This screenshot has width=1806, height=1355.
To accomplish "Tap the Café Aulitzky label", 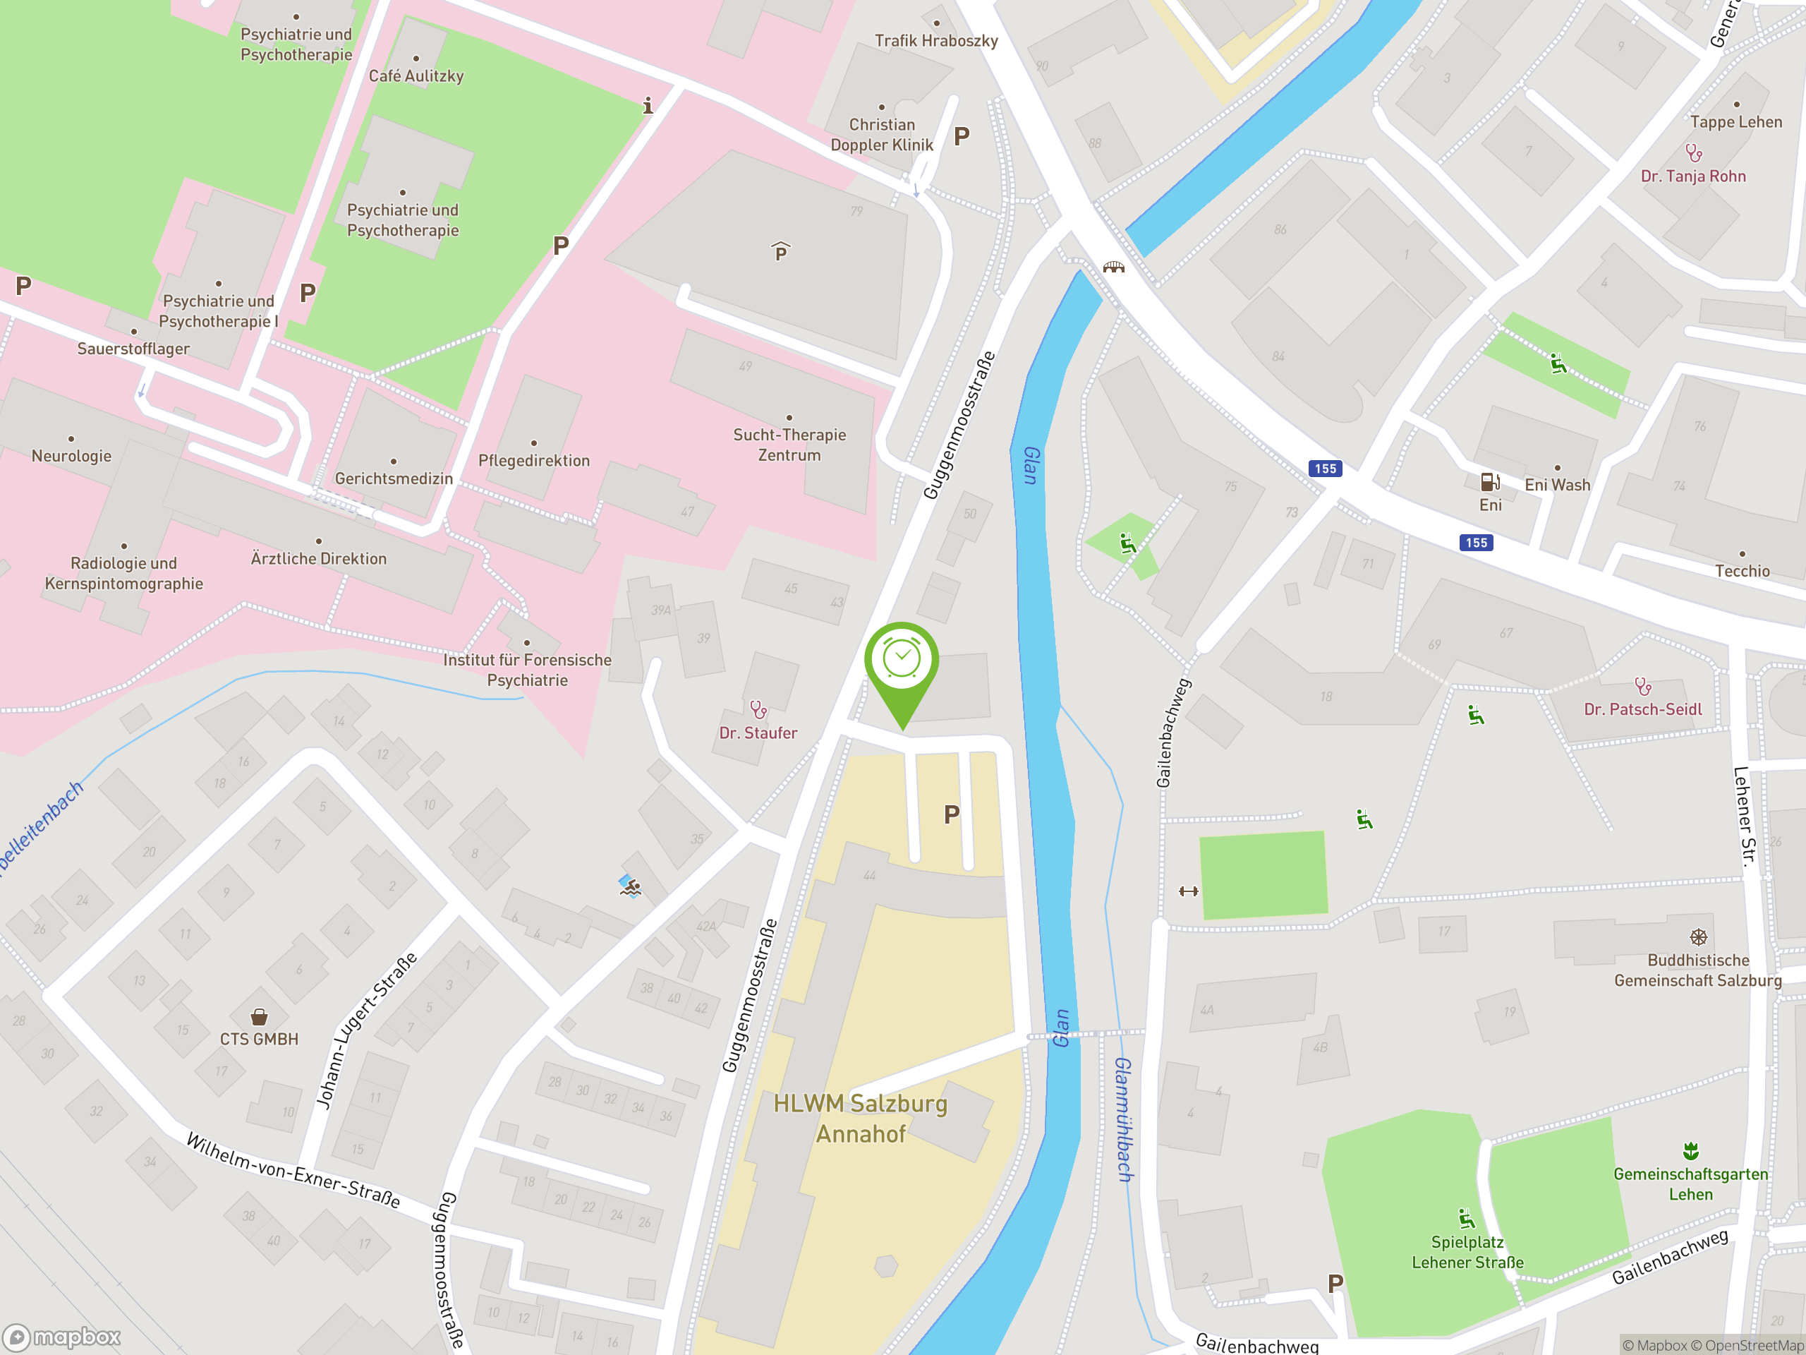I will coord(416,76).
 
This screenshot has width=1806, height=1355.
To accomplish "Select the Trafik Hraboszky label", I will coord(935,41).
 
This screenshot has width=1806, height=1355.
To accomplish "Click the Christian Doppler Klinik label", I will coord(881,135).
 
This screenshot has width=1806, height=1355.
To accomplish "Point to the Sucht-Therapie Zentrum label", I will coord(789,445).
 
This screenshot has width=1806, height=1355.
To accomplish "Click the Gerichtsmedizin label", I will coord(394,478).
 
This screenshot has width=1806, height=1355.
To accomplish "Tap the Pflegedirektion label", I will coord(533,461).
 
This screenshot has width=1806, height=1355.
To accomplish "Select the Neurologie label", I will coord(71,456).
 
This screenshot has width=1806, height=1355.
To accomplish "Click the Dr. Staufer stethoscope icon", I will coord(758,709).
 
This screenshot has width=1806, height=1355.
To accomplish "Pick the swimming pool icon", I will coord(629,886).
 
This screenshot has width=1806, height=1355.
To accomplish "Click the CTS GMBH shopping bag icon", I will coord(259,1016).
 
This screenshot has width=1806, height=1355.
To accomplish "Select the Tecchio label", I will coord(1742,571).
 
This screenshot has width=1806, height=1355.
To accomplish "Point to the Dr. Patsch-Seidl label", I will coord(1643,709).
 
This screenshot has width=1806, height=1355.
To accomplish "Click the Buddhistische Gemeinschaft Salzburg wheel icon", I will coord(1697,937).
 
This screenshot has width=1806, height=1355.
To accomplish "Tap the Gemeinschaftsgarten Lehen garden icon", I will coord(1690,1151).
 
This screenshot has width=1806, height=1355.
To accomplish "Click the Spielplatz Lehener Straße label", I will coord(1467,1252).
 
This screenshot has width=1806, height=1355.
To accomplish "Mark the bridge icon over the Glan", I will coord(1114,267).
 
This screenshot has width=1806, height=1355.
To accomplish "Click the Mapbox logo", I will coord(62,1337).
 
